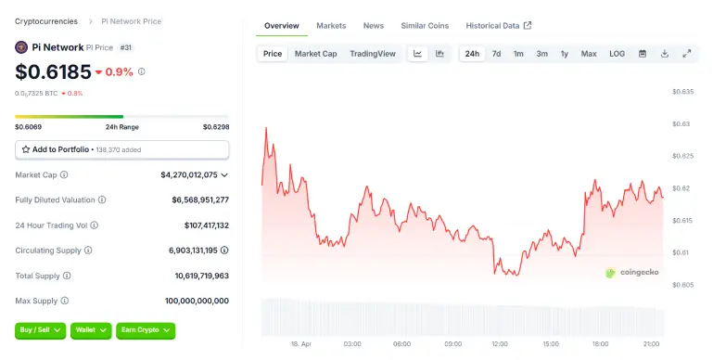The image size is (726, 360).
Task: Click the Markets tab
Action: point(331,26)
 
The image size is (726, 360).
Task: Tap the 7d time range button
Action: point(496,54)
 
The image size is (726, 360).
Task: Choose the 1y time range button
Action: point(564,54)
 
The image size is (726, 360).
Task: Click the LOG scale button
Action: point(617,54)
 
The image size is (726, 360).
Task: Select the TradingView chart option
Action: point(372,54)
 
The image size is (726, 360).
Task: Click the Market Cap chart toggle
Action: point(315,54)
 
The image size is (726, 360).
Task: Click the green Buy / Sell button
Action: point(41,329)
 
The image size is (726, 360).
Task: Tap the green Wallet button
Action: point(91,329)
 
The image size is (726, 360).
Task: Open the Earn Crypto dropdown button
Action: point(146,329)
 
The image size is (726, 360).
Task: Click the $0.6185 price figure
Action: point(54,71)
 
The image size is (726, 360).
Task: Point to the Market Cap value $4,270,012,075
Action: point(188,174)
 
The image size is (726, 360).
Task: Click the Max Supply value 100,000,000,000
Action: point(197,301)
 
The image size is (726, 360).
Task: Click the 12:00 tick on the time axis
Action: point(500,343)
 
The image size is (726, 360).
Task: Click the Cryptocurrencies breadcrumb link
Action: point(46,20)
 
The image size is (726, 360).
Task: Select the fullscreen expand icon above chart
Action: point(687,54)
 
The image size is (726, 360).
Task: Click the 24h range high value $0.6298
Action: point(216,126)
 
